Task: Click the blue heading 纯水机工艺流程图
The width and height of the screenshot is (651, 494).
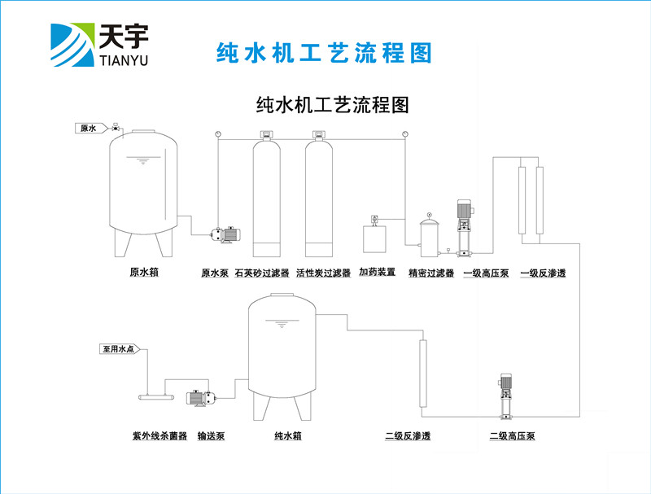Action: tap(322, 53)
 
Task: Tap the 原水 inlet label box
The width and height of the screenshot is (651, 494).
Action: tap(87, 128)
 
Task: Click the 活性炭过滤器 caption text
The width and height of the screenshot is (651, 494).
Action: tap(323, 273)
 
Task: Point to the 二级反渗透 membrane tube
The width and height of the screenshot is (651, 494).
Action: tap(422, 373)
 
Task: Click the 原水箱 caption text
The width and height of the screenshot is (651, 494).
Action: tap(143, 273)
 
